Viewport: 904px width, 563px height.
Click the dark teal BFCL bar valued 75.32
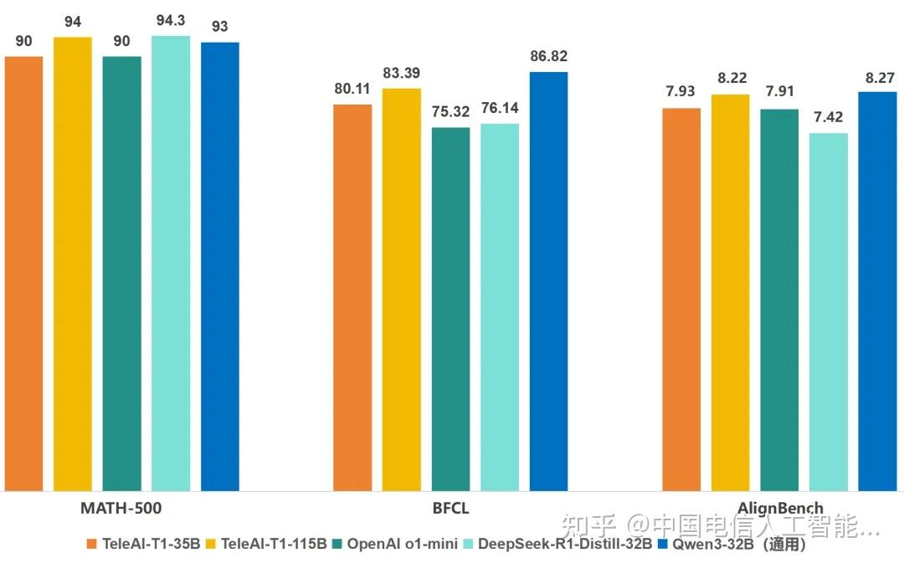(x=450, y=309)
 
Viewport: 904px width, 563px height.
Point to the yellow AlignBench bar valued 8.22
(x=731, y=292)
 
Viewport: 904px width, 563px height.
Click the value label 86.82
(x=548, y=56)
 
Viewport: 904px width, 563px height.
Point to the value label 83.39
(x=402, y=73)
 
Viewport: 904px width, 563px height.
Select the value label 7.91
(x=779, y=92)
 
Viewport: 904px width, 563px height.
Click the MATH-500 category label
(x=121, y=508)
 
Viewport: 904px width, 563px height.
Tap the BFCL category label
(x=450, y=508)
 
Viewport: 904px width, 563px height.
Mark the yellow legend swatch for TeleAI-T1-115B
(x=213, y=544)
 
